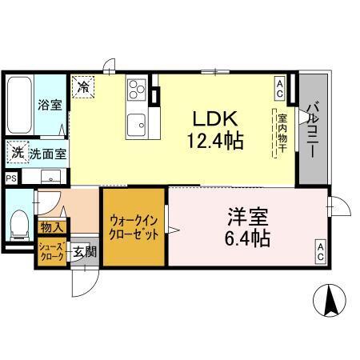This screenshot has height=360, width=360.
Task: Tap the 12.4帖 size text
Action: click(216, 141)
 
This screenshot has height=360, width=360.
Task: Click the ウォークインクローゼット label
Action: click(134, 228)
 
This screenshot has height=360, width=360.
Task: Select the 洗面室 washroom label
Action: click(44, 152)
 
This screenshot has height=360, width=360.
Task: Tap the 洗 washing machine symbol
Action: click(17, 150)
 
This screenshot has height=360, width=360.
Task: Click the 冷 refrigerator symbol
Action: click(82, 85)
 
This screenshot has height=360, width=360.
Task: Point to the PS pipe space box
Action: click(10, 178)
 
